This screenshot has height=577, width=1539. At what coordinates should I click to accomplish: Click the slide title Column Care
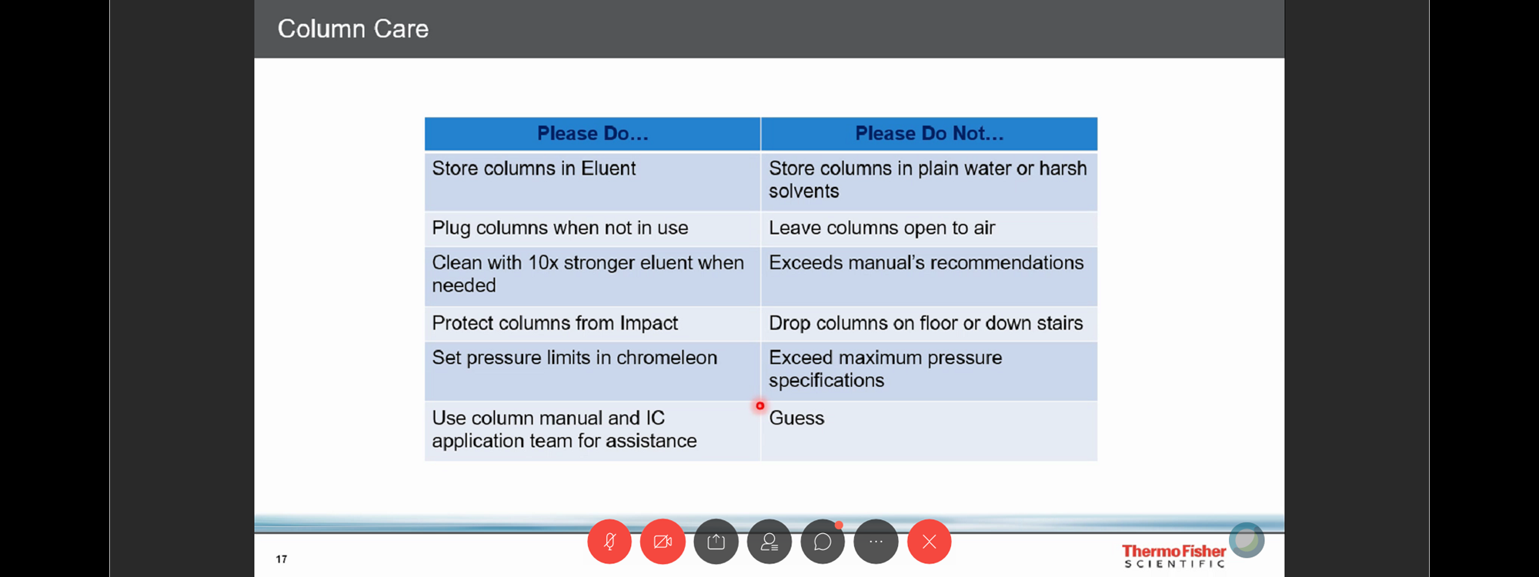point(352,29)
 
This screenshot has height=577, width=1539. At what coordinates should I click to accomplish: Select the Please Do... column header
point(593,134)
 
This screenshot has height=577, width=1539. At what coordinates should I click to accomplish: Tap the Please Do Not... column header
point(930,134)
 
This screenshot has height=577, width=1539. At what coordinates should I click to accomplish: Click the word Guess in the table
point(796,419)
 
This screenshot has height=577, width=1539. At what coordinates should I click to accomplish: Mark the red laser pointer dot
point(759,405)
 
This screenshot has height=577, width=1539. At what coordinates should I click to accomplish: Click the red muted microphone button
point(609,542)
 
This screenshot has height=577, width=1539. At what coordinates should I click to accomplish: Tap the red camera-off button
point(663,542)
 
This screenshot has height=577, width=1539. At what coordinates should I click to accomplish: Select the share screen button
point(716,542)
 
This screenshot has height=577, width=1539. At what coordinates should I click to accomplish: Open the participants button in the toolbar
point(769,542)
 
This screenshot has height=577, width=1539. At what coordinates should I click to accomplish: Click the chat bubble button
point(823,542)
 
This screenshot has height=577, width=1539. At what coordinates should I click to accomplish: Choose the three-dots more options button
point(876,542)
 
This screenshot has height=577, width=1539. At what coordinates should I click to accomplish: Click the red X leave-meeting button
point(930,542)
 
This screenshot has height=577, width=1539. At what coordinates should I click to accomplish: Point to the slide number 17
point(282,559)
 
